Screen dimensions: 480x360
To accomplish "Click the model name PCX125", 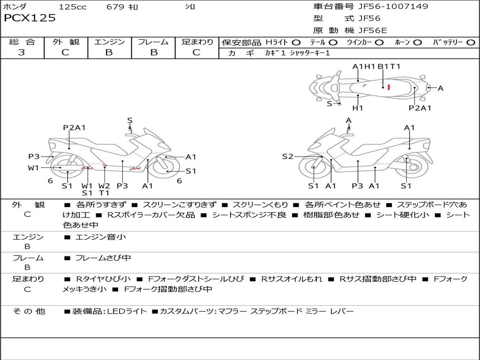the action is tap(30, 18).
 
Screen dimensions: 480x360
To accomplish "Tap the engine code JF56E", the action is tap(373, 30).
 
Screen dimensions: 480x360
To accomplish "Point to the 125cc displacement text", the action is tap(73, 7).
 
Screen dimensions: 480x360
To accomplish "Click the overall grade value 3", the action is tap(22, 52).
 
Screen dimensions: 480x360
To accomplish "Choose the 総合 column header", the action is tap(22, 42).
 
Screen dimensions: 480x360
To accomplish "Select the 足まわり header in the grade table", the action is tap(197, 42).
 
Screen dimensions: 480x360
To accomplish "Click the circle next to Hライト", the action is tap(296, 42).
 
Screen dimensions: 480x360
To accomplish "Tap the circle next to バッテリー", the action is tap(471, 42).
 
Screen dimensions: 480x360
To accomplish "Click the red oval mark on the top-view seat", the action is tap(388, 87).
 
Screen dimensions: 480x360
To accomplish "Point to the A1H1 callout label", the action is tap(364, 67).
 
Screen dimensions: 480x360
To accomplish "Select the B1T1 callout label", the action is tap(389, 67).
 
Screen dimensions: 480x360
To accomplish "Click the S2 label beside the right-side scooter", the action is tap(287, 157).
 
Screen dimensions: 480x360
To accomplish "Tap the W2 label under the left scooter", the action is tap(104, 186).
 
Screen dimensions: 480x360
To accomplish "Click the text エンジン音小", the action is tap(101, 237).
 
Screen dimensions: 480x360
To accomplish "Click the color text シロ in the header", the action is tap(189, 7).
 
